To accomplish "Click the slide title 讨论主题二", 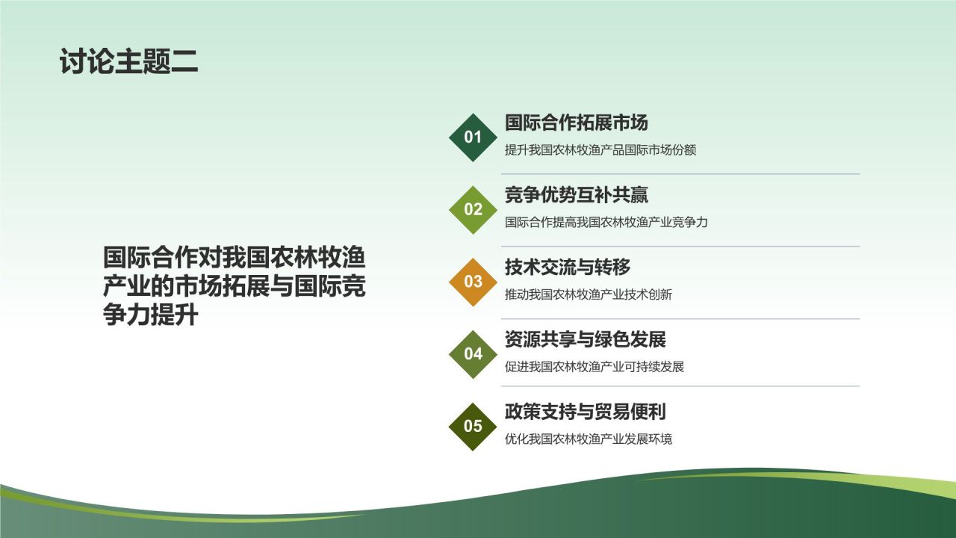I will click(x=129, y=61).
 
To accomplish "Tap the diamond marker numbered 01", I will click(x=473, y=137).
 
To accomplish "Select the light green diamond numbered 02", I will click(x=473, y=209).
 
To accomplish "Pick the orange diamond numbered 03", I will click(x=473, y=282).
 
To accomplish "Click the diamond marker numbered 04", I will click(x=473, y=354).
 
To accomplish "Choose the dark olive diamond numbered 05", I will click(x=473, y=427).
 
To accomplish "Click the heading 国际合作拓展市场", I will click(x=576, y=123).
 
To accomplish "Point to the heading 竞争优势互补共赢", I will click(x=576, y=195).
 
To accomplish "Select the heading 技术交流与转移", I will click(x=568, y=268).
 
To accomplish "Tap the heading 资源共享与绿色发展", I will click(x=585, y=339).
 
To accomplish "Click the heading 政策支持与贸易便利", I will click(x=585, y=412).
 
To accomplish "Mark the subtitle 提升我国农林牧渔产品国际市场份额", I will click(x=600, y=150).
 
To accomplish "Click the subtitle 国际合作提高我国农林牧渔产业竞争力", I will click(x=606, y=222).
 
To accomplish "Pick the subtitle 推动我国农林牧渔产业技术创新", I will click(x=588, y=294).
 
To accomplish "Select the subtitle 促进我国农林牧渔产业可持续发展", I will click(x=594, y=367).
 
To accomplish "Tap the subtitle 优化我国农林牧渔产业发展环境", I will click(x=588, y=439).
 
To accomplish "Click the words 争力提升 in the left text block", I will click(x=150, y=315).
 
